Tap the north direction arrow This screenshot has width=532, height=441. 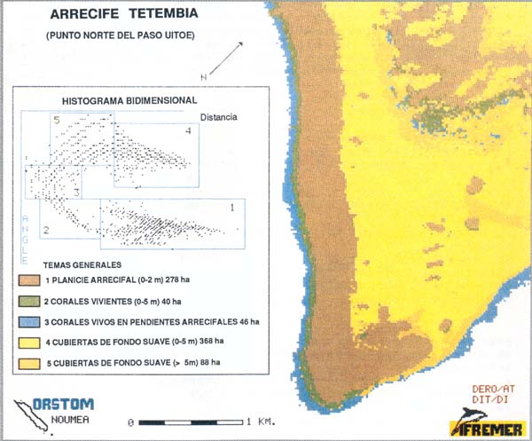click(224, 62)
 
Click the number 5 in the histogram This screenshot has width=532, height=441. click(56, 120)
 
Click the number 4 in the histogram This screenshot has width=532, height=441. click(188, 131)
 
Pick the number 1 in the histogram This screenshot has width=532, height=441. click(231, 207)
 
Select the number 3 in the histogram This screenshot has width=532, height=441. click(77, 192)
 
